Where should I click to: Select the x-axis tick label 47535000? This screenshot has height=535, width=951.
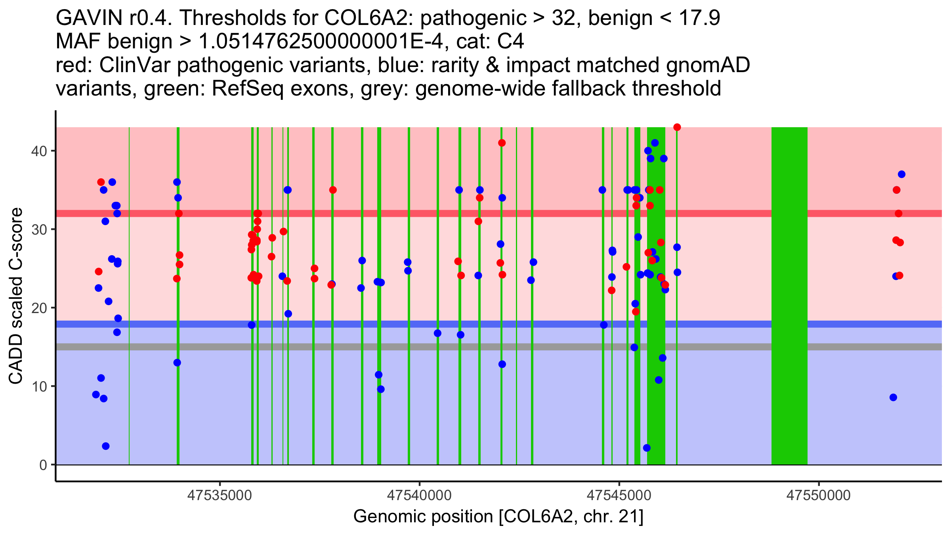coord(220,495)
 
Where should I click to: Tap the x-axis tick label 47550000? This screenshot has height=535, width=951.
coord(819,495)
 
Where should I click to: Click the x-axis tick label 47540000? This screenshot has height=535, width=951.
coord(419,495)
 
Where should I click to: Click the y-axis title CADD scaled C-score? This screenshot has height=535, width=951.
coord(16,296)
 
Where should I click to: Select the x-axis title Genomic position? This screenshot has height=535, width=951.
coord(498,516)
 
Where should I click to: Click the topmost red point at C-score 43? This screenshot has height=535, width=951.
coord(677,127)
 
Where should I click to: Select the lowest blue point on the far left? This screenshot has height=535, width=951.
coord(106,446)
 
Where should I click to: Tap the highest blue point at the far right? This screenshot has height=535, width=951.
coord(901,174)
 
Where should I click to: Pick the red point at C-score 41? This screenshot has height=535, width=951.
coord(502,143)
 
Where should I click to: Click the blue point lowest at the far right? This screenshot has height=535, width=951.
coord(893,397)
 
